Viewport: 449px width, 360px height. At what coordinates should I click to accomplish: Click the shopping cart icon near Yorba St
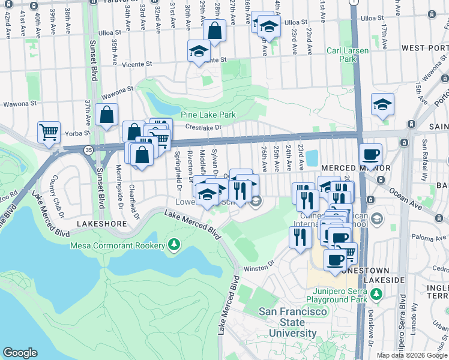pos(49,131)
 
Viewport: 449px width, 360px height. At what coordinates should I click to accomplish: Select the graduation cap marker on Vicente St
pos(199,51)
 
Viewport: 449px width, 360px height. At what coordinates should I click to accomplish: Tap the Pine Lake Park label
pos(208,114)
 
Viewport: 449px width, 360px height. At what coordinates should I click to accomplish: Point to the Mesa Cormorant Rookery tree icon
pos(174,245)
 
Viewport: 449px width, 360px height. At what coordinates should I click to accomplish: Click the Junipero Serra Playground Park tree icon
pos(376,294)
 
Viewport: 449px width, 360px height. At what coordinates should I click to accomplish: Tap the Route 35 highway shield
pos(88,151)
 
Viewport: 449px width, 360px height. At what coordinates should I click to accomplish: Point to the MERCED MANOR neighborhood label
pos(348,169)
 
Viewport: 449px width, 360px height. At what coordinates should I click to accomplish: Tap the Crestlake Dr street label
pos(203,127)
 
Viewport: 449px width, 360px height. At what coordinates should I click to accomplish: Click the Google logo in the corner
pos(20,353)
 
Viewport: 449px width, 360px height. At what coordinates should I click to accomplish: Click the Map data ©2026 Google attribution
pos(412,355)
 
